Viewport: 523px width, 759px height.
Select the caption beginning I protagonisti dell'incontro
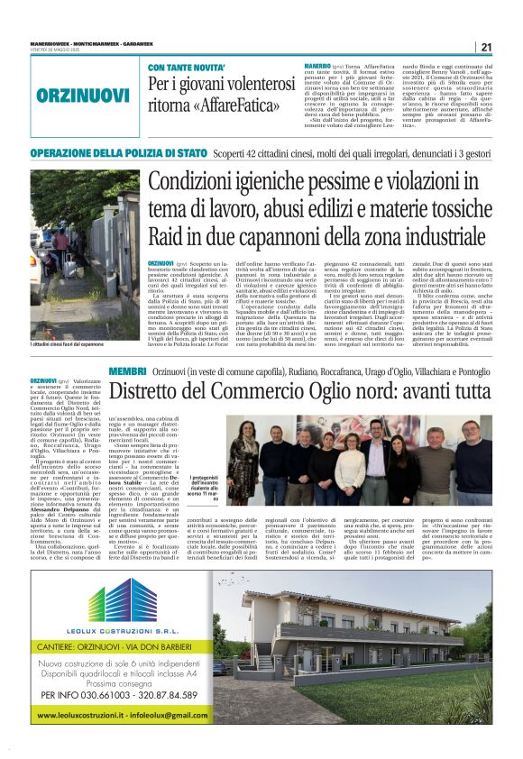(205, 491)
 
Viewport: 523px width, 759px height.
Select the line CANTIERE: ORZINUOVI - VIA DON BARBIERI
(108, 646)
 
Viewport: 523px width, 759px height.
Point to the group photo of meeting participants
(361, 460)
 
